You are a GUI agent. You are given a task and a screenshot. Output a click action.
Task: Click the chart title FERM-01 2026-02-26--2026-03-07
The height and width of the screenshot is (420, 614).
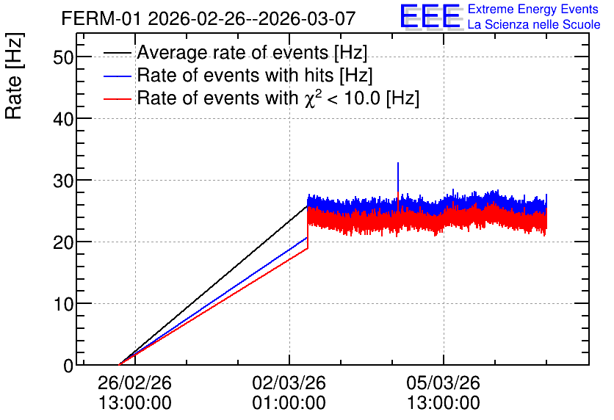coord(209,18)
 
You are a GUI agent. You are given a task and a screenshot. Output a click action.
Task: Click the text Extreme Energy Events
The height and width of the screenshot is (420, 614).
coord(533,9)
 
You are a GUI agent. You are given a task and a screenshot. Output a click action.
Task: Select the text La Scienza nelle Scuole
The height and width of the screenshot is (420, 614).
coord(534,24)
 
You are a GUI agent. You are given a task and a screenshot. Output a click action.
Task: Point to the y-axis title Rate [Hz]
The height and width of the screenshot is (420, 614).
coord(14,76)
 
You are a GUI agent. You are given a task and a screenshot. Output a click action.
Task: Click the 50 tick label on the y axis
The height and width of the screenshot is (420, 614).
coord(63,57)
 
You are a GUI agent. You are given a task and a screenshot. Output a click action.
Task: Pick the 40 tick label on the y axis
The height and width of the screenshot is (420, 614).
coord(63,119)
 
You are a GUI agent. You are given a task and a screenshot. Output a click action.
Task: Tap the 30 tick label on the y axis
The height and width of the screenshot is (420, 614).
coord(63,181)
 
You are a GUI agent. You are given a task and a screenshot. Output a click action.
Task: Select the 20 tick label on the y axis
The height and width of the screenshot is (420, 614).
coord(63,242)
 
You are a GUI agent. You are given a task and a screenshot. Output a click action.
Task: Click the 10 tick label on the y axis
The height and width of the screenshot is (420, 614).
coord(63,304)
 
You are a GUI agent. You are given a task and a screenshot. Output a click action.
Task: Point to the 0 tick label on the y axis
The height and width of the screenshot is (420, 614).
coord(68,366)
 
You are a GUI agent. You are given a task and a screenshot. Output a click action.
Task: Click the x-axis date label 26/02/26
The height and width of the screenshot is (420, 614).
coord(134,383)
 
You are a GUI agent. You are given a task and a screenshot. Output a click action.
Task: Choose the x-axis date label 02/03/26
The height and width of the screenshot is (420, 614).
coord(289,383)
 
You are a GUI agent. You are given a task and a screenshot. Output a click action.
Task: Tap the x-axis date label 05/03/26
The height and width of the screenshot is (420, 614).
coord(444,383)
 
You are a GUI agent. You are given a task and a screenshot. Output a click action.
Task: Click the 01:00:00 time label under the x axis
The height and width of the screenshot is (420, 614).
coord(289,402)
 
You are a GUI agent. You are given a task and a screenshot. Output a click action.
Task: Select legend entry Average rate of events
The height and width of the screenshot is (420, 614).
coord(235,52)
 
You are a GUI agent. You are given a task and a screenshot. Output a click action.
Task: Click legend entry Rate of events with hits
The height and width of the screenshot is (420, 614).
coord(238,75)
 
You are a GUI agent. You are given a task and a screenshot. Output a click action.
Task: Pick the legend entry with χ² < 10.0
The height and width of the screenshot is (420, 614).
coord(261,98)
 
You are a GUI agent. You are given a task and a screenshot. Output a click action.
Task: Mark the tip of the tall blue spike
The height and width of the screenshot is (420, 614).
coord(398,163)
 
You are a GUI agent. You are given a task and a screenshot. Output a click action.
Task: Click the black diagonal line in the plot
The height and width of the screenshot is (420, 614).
coord(213,286)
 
